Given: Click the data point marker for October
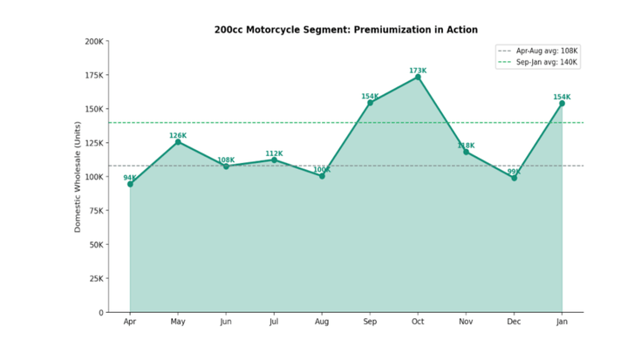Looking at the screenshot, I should pyautogui.click(x=418, y=77).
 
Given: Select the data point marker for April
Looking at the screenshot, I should pyautogui.click(x=130, y=184).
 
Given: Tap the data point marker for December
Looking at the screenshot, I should pyautogui.click(x=514, y=178).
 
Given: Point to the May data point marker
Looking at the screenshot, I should pyautogui.click(x=178, y=141).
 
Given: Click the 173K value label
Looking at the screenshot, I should pyautogui.click(x=418, y=71).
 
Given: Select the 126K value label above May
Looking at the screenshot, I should pyautogui.click(x=178, y=135).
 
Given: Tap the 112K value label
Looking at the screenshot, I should pyautogui.click(x=274, y=153).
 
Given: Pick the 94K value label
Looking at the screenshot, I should pyautogui.click(x=130, y=178).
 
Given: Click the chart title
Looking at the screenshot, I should pyautogui.click(x=346, y=30).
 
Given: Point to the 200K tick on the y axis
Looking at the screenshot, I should pyautogui.click(x=94, y=41).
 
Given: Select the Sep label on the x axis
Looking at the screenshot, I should pyautogui.click(x=370, y=322).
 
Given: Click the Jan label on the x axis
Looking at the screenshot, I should pyautogui.click(x=562, y=322).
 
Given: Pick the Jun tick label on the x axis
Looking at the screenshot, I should pyautogui.click(x=226, y=322).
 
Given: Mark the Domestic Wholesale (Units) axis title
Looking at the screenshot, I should pyautogui.click(x=78, y=176).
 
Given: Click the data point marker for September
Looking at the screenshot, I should pyautogui.click(x=370, y=103).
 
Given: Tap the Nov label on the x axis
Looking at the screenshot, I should pyautogui.click(x=466, y=322).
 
